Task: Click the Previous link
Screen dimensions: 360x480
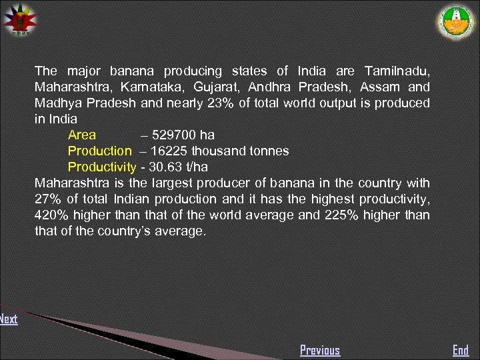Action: point(319,350)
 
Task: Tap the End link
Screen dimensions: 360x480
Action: point(461,350)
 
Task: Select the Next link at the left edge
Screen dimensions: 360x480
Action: point(9,319)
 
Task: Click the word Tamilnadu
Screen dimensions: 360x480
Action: point(397,71)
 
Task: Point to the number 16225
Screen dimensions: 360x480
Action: point(169,151)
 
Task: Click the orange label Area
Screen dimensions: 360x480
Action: point(82,135)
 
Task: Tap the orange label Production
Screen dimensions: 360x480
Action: point(100,151)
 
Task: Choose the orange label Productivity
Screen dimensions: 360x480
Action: point(102,167)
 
